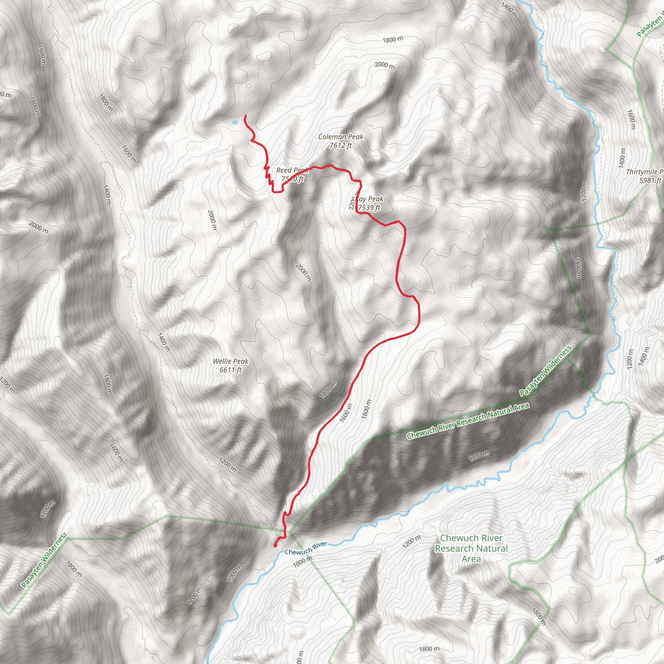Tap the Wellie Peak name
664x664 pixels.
pyautogui.click(x=230, y=361)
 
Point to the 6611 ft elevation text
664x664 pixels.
pyautogui.click(x=230, y=370)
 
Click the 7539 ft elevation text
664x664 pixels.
pyautogui.click(x=369, y=207)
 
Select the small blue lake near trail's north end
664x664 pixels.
pyautogui.click(x=235, y=122)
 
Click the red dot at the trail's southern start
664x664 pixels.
pyautogui.click(x=275, y=545)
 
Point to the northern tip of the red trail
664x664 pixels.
pyautogui.click(x=245, y=116)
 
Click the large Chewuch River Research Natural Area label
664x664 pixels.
pyautogui.click(x=471, y=549)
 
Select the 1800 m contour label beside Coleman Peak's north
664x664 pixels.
pyautogui.click(x=393, y=40)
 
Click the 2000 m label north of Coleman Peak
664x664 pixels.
pyautogui.click(x=385, y=65)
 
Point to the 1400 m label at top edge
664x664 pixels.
pyautogui.click(x=509, y=10)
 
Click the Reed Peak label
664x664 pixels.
pyautogui.click(x=291, y=170)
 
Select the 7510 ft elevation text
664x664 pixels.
pyautogui.click(x=292, y=179)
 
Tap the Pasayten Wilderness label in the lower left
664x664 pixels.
pyautogui.click(x=44, y=560)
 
